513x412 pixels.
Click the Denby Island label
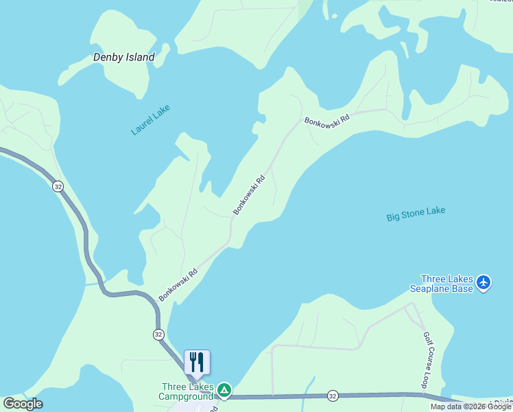123,58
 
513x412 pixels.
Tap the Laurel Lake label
150,119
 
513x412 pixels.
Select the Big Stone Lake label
416,214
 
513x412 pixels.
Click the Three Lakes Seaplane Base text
446,284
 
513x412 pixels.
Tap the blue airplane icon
484,282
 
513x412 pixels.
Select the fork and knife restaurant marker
197,362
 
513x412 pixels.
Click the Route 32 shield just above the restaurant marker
158,334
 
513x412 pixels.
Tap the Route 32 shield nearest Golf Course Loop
333,396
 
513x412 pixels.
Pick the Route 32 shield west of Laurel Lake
58,186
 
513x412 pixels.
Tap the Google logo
23,404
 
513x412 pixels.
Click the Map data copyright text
471,407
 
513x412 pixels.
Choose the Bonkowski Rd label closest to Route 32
178,284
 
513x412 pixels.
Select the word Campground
186,396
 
